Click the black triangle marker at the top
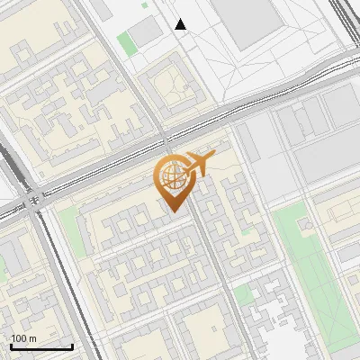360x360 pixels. [181, 24]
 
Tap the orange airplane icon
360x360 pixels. [200, 164]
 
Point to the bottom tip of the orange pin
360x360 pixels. [173, 211]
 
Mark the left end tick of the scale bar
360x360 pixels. [11, 346]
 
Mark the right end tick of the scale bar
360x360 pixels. [72, 346]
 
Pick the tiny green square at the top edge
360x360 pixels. [144, 4]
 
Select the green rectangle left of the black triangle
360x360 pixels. [130, 42]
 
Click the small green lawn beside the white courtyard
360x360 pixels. [241, 294]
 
